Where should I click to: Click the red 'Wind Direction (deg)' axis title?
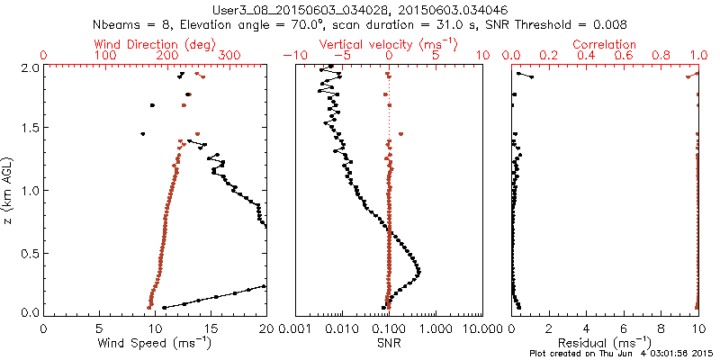[x=156, y=44]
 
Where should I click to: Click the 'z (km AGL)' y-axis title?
[x=10, y=190]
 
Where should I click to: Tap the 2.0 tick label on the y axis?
[x=30, y=67]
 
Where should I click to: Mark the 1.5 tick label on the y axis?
[x=30, y=129]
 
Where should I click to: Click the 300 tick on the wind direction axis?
[x=229, y=56]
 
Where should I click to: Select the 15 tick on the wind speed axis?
[x=211, y=330]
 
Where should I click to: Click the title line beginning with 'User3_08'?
[x=361, y=8]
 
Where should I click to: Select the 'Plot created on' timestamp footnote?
[x=620, y=354]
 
